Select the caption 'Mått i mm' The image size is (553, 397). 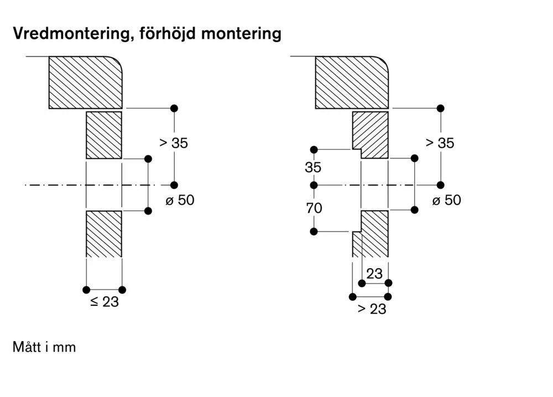point(44,347)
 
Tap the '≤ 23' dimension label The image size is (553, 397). point(104,302)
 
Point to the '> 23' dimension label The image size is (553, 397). point(371,309)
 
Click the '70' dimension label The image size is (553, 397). point(314,208)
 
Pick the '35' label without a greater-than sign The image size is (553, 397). point(313,168)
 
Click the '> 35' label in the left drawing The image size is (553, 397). point(173,143)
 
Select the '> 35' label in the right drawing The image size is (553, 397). point(440,143)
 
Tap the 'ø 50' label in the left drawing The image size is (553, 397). point(179,200)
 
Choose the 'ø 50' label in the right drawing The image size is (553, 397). point(446,200)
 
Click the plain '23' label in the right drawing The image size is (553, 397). point(374,274)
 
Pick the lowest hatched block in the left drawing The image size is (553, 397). point(104,233)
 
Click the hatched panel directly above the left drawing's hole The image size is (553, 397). point(104,135)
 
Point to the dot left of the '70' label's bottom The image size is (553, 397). point(314,232)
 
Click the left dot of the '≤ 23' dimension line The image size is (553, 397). point(86,290)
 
